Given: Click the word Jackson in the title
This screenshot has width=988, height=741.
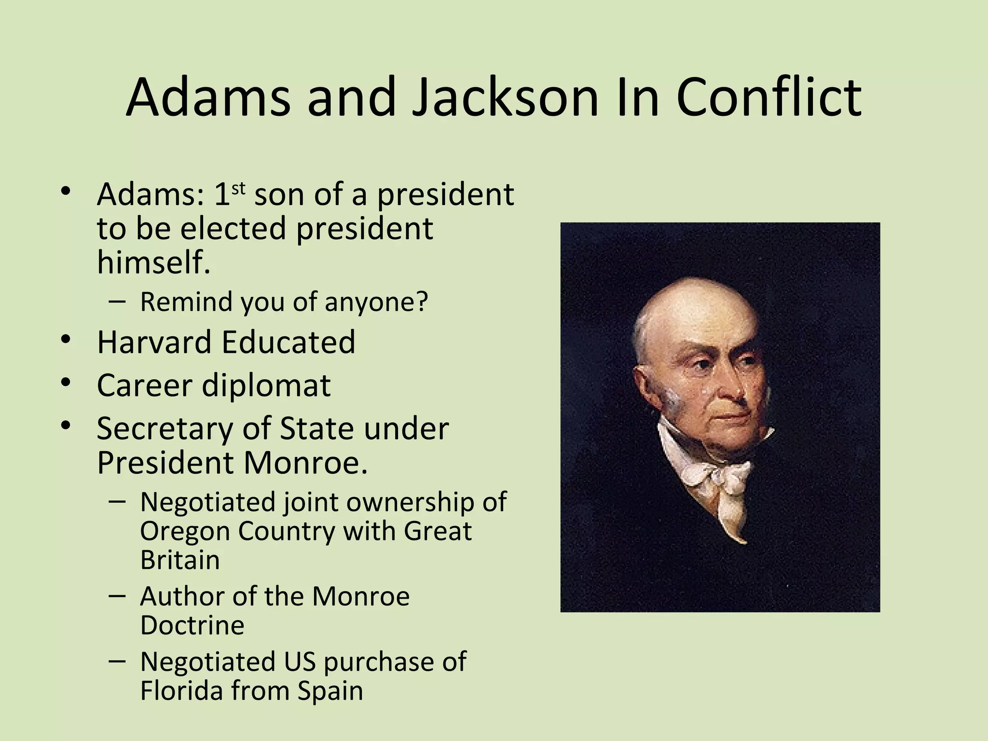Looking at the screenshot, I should pyautogui.click(x=505, y=98).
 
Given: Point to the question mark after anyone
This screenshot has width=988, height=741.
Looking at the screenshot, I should pyautogui.click(x=422, y=302).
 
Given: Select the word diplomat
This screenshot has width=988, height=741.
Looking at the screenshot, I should pyautogui.click(x=266, y=385).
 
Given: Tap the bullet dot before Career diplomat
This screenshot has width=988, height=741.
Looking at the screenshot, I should pyautogui.click(x=66, y=383).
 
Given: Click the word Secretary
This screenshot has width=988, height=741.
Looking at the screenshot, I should pyautogui.click(x=165, y=428).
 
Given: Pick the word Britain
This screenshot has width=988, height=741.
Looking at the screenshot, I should pyautogui.click(x=180, y=560).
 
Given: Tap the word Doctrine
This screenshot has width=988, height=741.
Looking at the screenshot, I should pyautogui.click(x=192, y=625).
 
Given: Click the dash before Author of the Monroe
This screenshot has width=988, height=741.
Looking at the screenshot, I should pyautogui.click(x=117, y=596).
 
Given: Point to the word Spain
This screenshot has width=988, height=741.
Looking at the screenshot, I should pyautogui.click(x=330, y=690).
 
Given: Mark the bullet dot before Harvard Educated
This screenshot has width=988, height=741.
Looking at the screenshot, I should pyautogui.click(x=66, y=339).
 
